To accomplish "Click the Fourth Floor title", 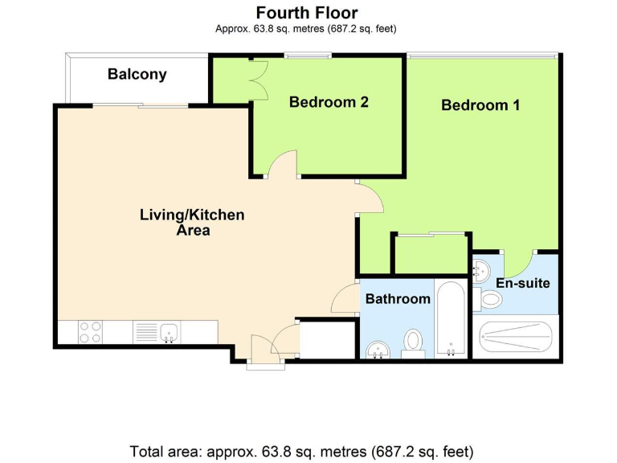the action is point(307,13).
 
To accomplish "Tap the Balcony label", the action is point(137,74).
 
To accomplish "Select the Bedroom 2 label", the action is point(329,102).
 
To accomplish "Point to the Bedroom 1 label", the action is point(480,105).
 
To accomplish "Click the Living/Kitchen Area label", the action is point(192,222).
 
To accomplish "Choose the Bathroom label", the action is point(398,299).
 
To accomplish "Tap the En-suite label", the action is point(522,283).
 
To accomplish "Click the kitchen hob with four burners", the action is point(90,332).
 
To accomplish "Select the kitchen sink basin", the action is point(170,332).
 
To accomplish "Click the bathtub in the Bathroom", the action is point(451,319).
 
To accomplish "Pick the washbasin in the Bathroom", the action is point(378,350).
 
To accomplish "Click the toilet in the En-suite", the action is point(488,300).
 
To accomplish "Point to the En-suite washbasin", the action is point(481,270).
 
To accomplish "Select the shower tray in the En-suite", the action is point(516,337).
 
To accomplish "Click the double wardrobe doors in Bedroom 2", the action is point(259,80).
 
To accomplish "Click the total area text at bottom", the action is point(301,452).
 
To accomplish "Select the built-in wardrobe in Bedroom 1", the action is point(431,253).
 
